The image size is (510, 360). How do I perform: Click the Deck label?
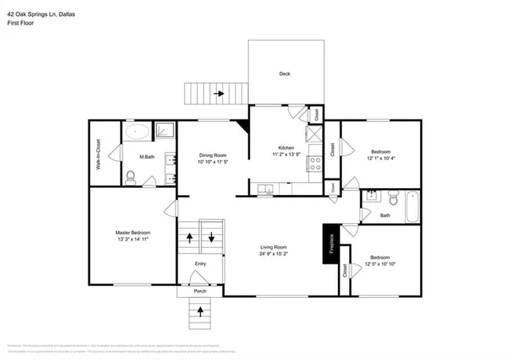coord(284,74)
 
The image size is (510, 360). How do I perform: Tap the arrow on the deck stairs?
coord(219,94)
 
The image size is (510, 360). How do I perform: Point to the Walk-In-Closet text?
coord(98,155)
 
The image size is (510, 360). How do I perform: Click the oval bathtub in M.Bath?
coord(136,132)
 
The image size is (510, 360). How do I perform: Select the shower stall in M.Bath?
coord(165,131)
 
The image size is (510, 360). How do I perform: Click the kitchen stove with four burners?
coord(316,164)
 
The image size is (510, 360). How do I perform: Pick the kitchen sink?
coord(265,189)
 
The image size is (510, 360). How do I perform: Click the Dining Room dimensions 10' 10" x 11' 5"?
coord(213,162)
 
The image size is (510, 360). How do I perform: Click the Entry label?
coord(201,264)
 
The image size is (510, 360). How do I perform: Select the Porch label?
coord(200,291)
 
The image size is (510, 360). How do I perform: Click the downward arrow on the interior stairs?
coord(211,237)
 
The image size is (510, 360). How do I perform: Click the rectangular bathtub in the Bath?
coord(412,206)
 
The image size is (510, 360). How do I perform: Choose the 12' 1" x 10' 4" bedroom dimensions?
coord(380,158)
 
